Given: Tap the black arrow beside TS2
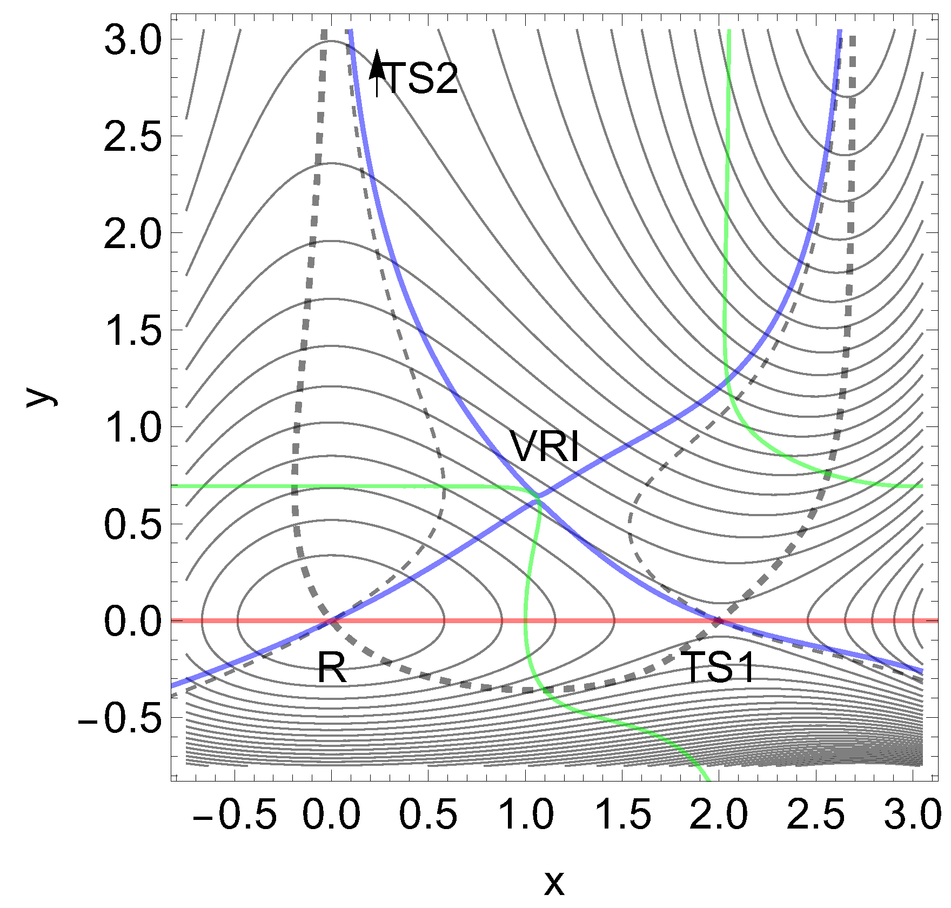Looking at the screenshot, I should (377, 72).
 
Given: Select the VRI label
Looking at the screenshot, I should (544, 448).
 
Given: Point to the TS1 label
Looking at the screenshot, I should (718, 667).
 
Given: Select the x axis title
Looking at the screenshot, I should (554, 883).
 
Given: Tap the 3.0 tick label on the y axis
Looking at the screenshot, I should (132, 40).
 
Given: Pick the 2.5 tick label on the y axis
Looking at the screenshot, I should (132, 137).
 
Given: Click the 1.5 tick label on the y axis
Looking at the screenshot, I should (132, 330).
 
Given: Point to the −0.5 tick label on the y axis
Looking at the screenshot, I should (120, 717).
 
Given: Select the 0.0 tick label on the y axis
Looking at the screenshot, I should (132, 620).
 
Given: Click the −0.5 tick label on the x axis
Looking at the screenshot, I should (235, 814).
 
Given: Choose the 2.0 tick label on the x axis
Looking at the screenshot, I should (719, 814).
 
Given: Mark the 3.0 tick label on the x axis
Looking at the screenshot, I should (912, 814).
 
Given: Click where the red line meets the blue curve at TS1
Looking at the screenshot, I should (719, 620).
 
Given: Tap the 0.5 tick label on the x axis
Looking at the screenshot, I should (428, 814).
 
